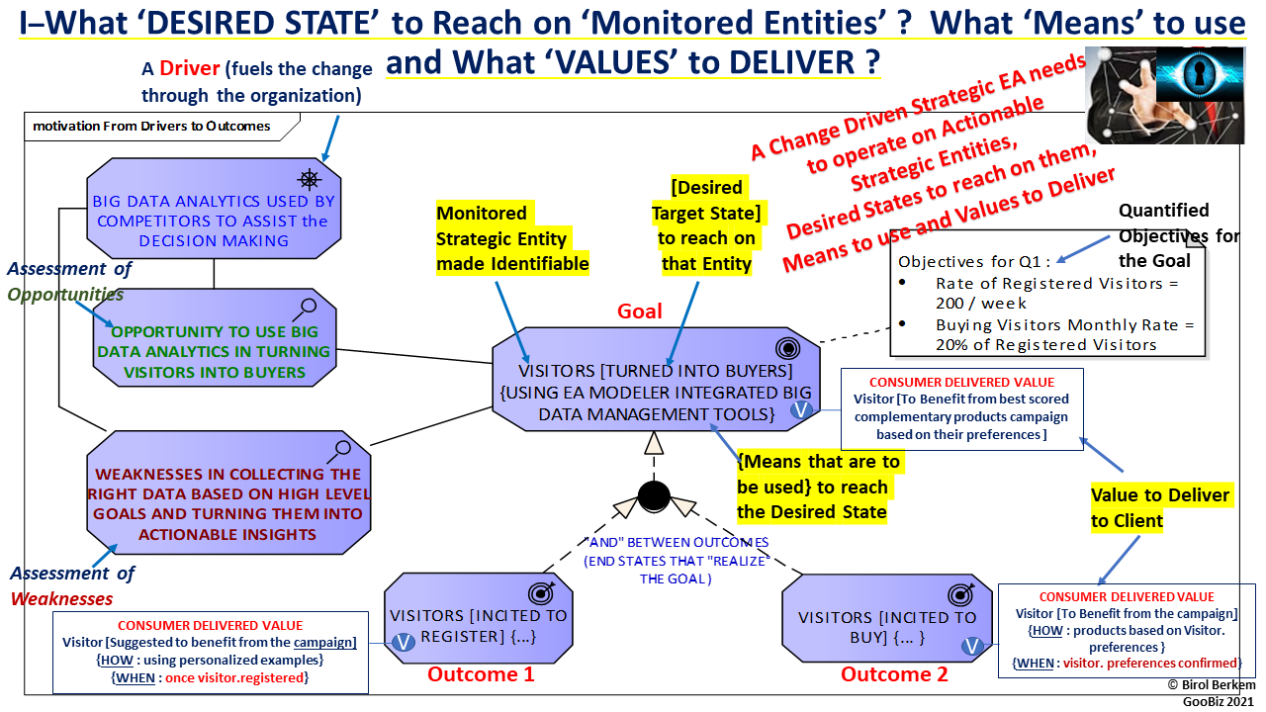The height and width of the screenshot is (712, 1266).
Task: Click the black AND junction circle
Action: (654, 494)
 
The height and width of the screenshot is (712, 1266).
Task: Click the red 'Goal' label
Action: (640, 311)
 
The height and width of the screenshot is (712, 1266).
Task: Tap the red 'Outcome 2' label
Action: (894, 674)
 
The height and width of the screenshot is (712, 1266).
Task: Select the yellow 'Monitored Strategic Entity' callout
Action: (512, 238)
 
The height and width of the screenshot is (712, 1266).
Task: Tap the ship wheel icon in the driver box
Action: (311, 178)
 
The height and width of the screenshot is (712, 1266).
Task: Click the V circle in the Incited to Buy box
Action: (971, 647)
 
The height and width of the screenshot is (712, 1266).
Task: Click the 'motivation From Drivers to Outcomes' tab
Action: (153, 126)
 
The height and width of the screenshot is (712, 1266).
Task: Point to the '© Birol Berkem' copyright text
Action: (1211, 684)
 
